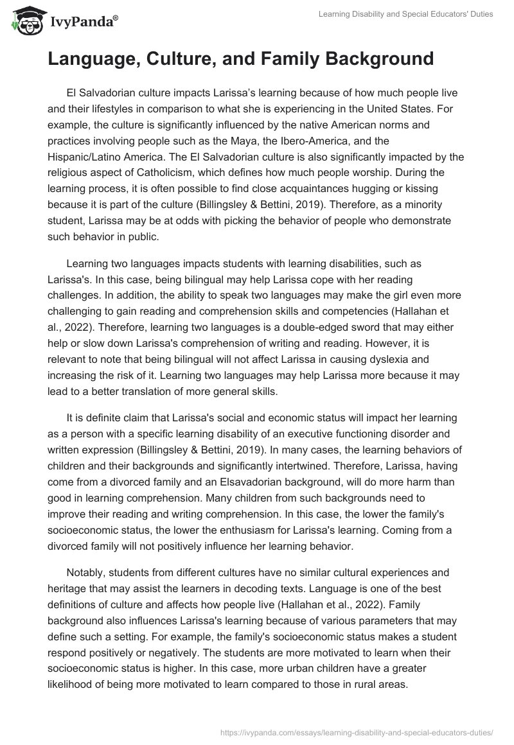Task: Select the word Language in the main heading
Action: [x=93, y=60]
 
